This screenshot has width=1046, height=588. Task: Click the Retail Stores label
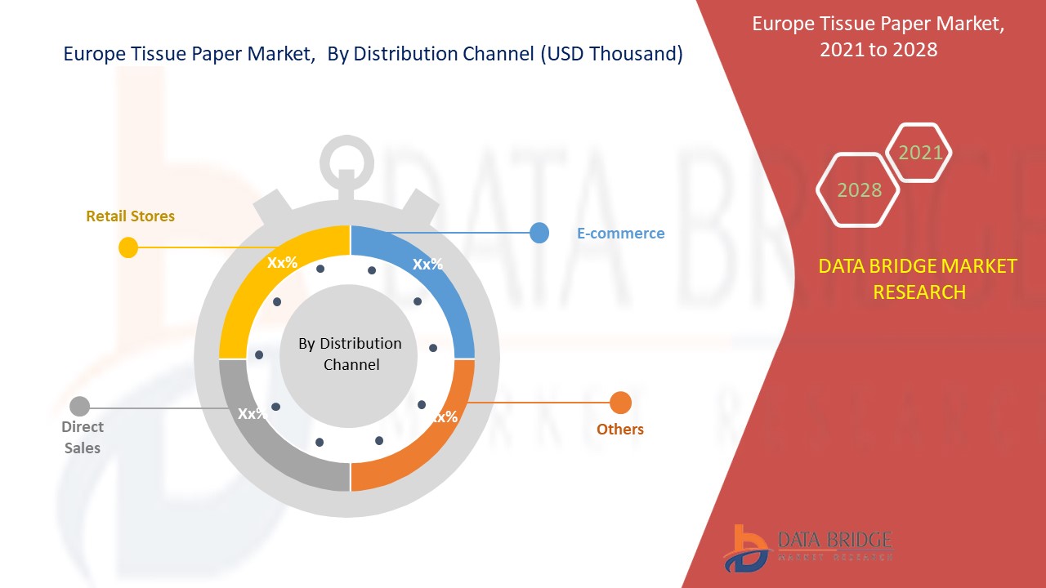click(x=130, y=216)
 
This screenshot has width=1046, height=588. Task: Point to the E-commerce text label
click(x=620, y=234)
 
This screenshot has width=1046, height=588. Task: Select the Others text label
click(x=619, y=430)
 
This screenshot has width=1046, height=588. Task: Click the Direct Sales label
click(x=83, y=437)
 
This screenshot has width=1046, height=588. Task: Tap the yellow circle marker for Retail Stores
click(x=128, y=247)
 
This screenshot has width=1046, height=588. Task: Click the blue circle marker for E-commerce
click(x=539, y=233)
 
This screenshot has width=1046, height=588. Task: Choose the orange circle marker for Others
click(x=621, y=403)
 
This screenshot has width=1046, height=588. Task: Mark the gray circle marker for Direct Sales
click(x=79, y=406)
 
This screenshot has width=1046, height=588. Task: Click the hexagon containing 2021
click(x=920, y=153)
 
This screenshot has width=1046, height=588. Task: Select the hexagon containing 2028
click(x=859, y=190)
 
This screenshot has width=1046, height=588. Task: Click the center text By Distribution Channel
click(x=351, y=354)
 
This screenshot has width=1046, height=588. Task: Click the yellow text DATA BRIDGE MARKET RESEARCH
click(x=918, y=278)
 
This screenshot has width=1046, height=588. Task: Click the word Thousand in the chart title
click(x=639, y=54)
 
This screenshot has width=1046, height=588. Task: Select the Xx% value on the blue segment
click(x=427, y=264)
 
